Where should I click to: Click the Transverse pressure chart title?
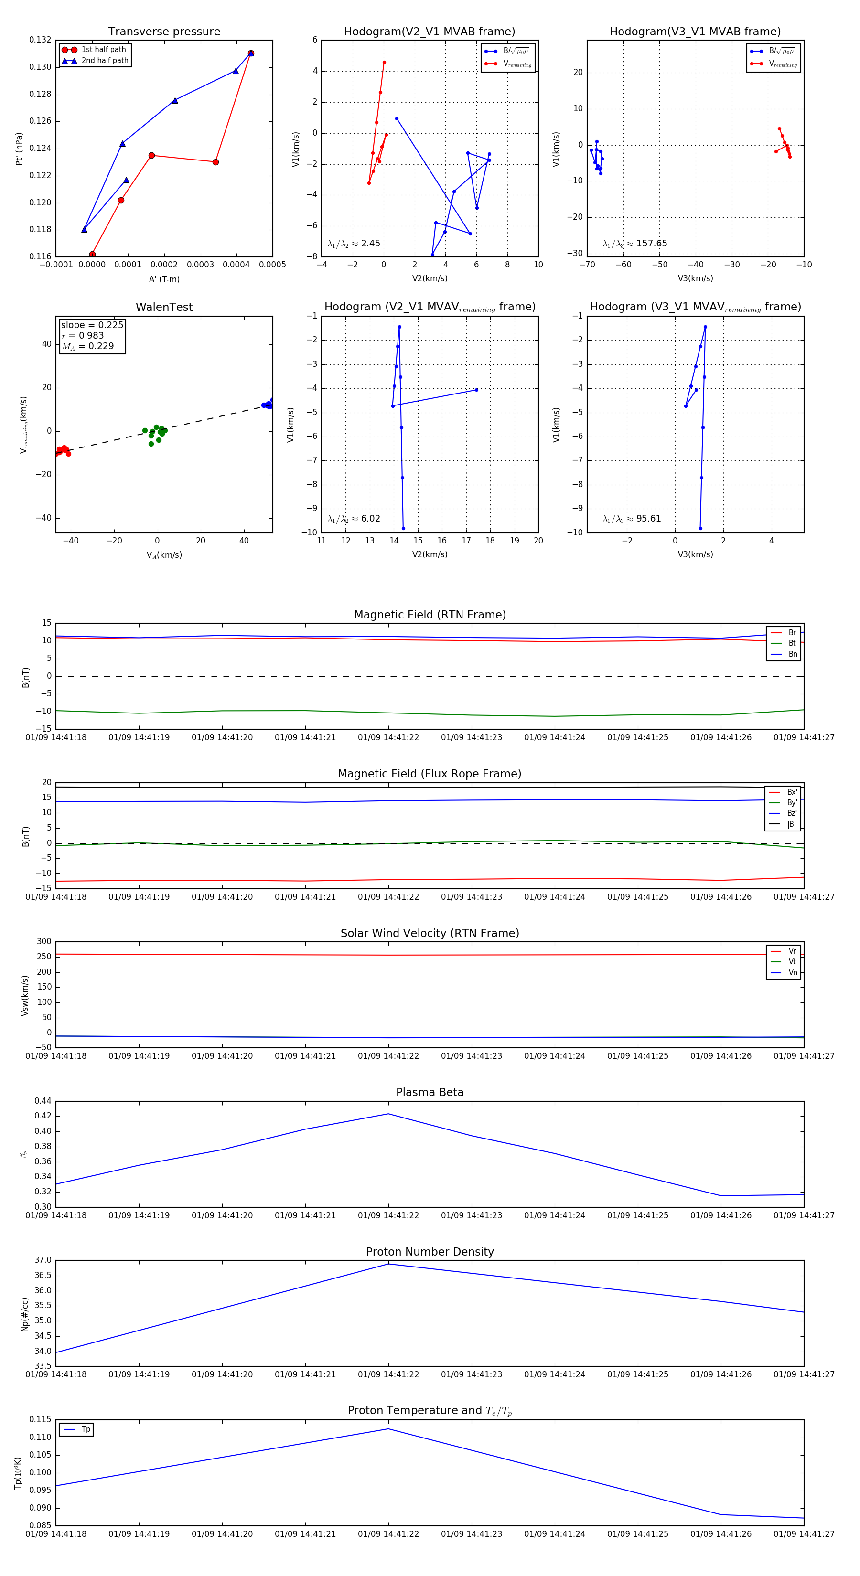[164, 32]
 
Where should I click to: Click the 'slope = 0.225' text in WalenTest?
[92, 325]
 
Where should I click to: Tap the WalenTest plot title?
[164, 307]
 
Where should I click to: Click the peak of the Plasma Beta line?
[388, 1114]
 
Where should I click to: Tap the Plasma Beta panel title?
[430, 1092]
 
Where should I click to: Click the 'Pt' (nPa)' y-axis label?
[19, 149]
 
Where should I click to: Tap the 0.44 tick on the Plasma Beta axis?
[43, 1101]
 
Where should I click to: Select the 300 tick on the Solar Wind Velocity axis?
[44, 942]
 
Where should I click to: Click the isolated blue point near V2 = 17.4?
[476, 390]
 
